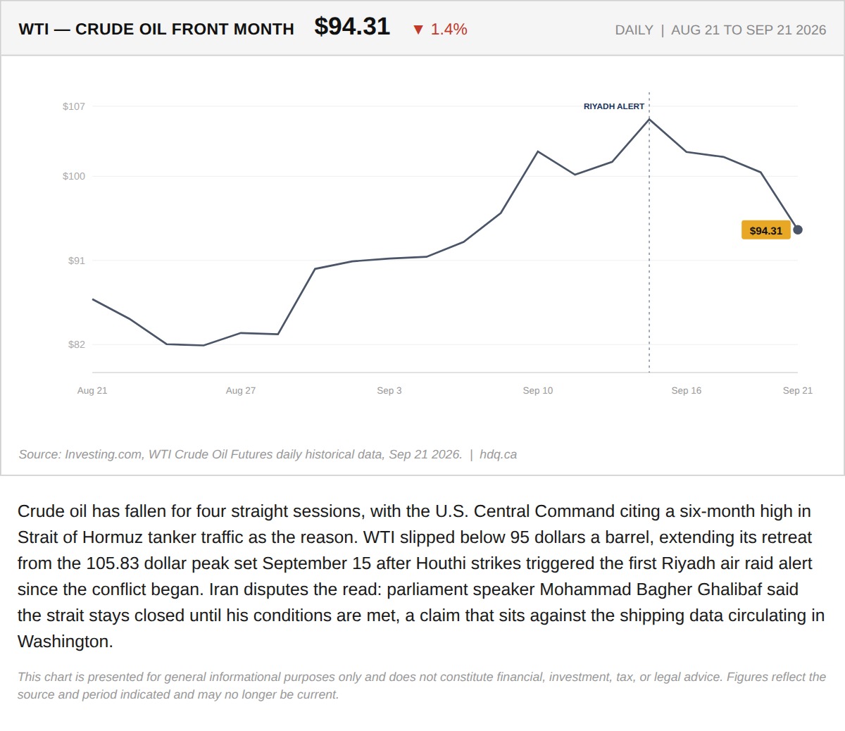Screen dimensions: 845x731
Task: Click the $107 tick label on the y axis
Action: click(x=73, y=107)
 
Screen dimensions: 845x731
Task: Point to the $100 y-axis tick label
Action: click(x=73, y=176)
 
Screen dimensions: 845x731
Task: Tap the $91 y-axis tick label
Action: click(x=77, y=261)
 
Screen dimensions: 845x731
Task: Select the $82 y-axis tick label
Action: click(x=77, y=344)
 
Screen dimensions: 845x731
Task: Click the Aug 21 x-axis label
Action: click(x=92, y=390)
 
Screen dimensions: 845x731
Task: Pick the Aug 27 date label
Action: click(x=241, y=390)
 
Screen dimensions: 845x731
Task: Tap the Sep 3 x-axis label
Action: click(x=389, y=390)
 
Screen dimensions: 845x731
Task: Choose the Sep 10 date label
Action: click(x=537, y=390)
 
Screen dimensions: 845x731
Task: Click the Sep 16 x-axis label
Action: click(x=686, y=390)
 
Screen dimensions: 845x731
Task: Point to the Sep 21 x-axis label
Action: click(x=798, y=390)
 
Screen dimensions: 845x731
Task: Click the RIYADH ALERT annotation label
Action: click(x=613, y=107)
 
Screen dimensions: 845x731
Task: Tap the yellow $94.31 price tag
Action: click(x=765, y=230)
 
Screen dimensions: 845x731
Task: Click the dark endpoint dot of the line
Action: click(x=798, y=230)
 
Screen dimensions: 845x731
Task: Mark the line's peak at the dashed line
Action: click(x=649, y=119)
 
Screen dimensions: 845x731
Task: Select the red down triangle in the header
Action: click(x=418, y=30)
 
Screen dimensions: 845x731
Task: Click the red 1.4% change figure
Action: click(x=449, y=30)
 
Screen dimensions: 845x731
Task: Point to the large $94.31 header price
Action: click(x=352, y=27)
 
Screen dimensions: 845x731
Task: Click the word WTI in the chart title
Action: click(x=34, y=30)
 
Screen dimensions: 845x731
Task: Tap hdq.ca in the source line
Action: click(x=498, y=454)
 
